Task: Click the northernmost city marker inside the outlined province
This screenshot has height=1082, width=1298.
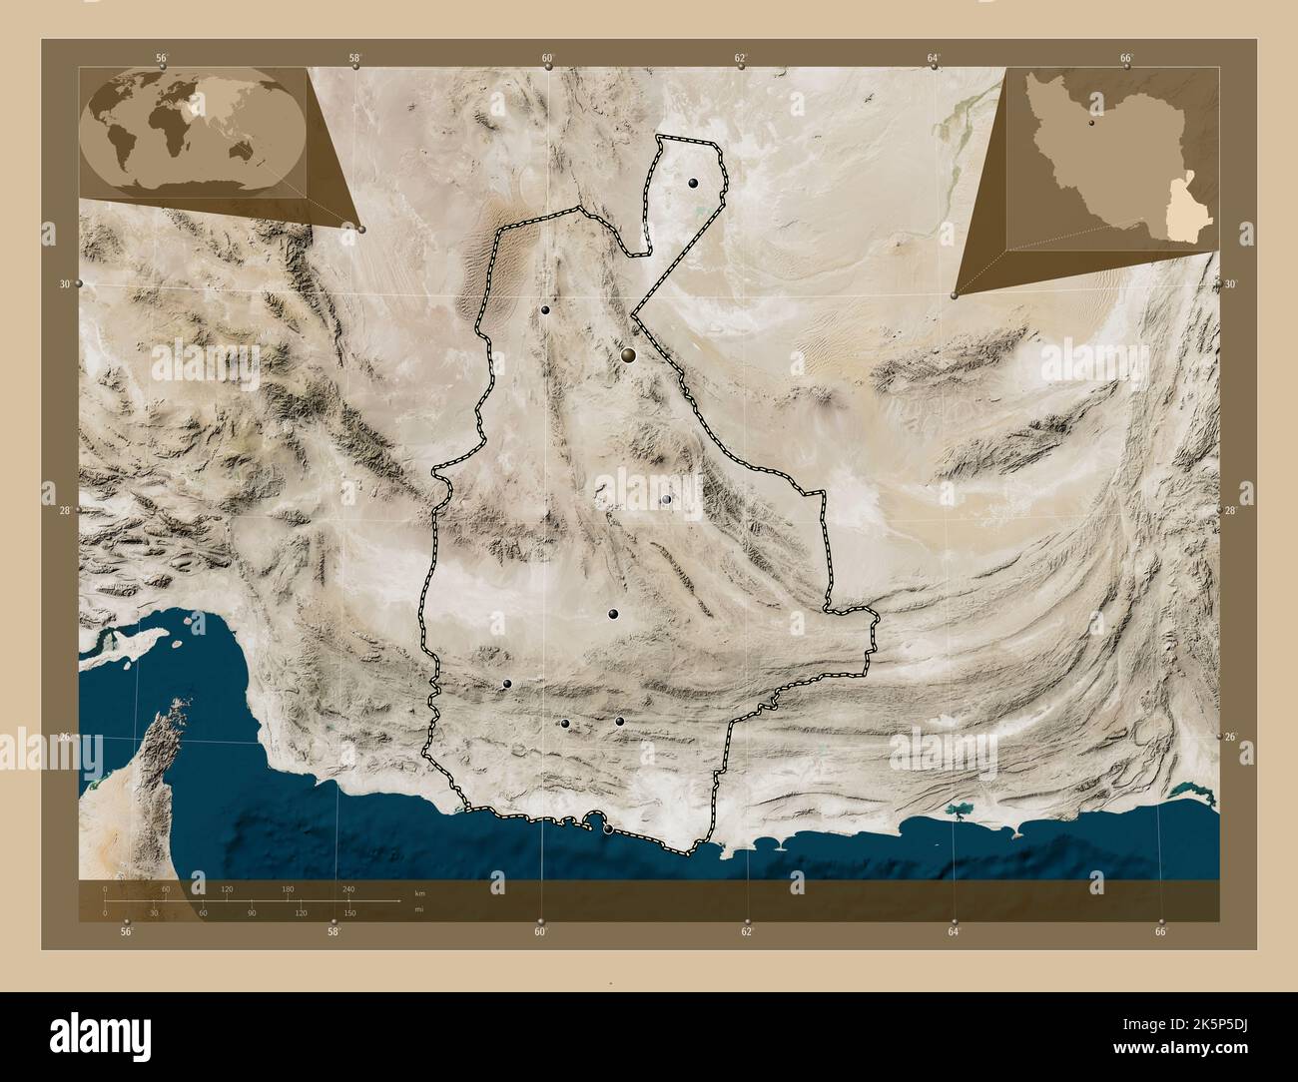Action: (692, 184)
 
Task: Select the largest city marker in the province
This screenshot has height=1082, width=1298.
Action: (629, 354)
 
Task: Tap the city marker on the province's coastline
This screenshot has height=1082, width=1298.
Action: (608, 827)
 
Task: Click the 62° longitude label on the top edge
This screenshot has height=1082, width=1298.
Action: (741, 57)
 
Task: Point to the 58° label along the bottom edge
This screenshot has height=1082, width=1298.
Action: (333, 932)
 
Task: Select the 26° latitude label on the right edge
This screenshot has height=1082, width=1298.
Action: (1231, 737)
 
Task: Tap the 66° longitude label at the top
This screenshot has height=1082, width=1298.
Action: (1126, 57)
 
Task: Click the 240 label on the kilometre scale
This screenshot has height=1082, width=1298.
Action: (348, 888)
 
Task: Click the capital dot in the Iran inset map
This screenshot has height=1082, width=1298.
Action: (1092, 127)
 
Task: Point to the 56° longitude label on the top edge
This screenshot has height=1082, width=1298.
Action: (162, 57)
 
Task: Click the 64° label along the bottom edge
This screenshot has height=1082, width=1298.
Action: (954, 932)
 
